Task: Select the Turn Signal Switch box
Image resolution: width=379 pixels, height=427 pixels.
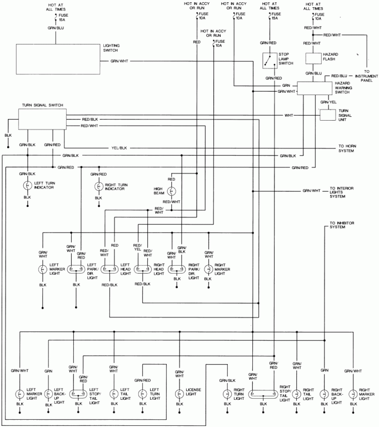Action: [42, 118]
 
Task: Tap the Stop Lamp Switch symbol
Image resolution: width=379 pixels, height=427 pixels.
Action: [270, 60]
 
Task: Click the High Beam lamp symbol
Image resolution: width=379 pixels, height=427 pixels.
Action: [172, 191]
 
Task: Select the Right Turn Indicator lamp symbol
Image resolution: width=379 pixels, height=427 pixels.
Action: [98, 186]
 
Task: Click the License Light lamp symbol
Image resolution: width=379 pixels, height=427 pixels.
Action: [179, 393]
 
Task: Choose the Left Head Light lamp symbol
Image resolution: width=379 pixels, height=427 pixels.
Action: [109, 269]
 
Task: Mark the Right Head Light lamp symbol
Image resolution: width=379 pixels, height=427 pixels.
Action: [143, 269]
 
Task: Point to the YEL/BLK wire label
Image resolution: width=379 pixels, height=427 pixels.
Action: [119, 148]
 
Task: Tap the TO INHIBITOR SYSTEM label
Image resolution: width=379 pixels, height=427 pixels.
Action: [341, 225]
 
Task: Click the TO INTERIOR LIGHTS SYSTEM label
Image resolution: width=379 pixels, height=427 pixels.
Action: [344, 192]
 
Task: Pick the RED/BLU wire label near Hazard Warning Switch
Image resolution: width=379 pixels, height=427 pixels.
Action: [340, 76]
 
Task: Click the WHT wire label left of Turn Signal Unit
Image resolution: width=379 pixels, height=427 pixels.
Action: [289, 116]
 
